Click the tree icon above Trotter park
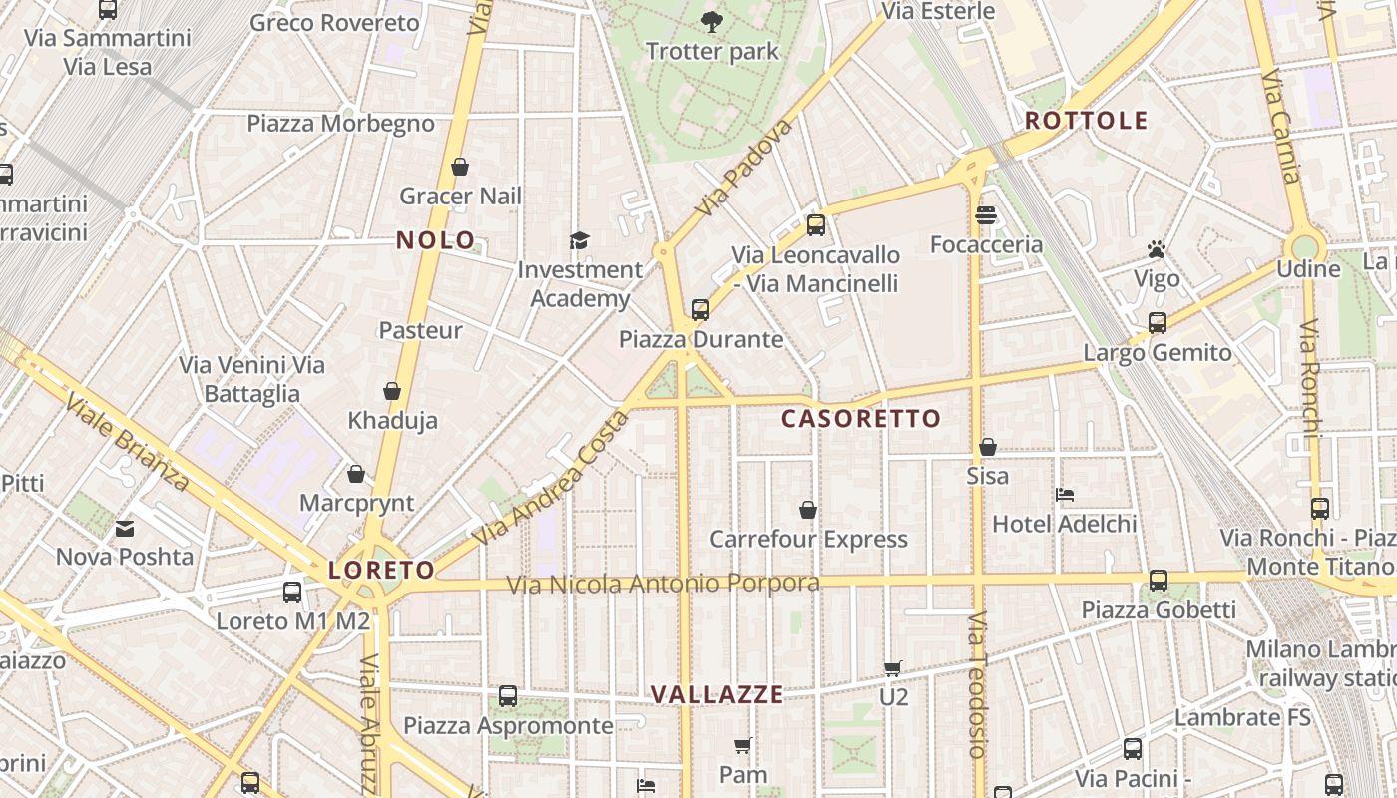(711, 21)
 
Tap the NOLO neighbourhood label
(436, 240)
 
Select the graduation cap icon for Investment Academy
(579, 240)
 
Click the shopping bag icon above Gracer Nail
(460, 167)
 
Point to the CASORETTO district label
(861, 419)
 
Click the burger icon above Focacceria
(987, 215)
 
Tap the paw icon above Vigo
(1157, 249)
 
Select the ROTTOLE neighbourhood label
(1087, 122)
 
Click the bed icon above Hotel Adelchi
(1065, 495)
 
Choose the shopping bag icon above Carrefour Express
(808, 511)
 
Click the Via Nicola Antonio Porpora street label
(664, 584)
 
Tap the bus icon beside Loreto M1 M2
(292, 593)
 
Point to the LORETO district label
(382, 571)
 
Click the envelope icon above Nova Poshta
(125, 528)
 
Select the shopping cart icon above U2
(893, 668)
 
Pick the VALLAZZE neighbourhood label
(716, 695)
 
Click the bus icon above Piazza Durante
(700, 310)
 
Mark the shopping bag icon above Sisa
(988, 447)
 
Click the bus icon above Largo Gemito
(1158, 323)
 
